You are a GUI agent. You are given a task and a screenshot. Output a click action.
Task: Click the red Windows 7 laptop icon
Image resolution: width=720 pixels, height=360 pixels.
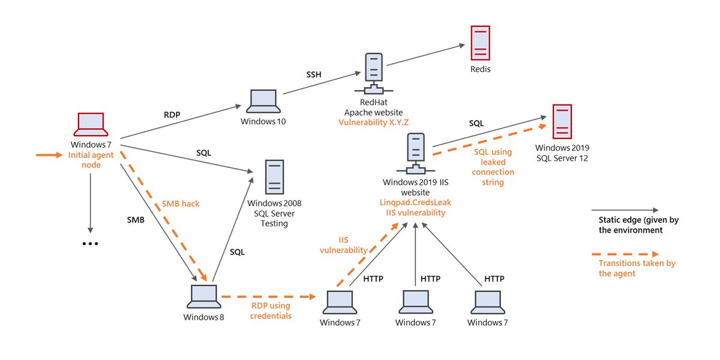91,124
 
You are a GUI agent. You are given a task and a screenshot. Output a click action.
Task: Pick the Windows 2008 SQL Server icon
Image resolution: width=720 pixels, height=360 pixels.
274,176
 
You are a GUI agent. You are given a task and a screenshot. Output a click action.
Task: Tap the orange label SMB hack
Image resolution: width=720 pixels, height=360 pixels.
181,204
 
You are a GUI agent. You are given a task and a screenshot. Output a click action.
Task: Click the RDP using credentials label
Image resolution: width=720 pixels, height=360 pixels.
272,311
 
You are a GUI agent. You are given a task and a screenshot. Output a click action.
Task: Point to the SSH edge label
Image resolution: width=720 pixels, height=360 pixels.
314,74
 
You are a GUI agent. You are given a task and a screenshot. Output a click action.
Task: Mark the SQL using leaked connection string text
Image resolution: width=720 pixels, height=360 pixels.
493,167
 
